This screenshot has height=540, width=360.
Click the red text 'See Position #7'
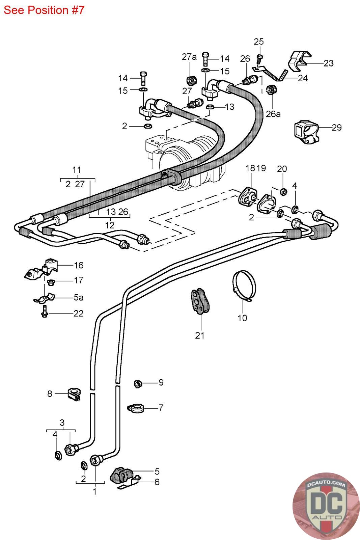pyautogui.click(x=44, y=10)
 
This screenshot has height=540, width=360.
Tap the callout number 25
pyautogui.click(x=258, y=42)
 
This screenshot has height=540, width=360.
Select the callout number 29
pyautogui.click(x=337, y=127)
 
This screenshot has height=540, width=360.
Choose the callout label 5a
pyautogui.click(x=79, y=297)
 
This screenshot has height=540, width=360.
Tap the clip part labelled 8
pyautogui.click(x=74, y=394)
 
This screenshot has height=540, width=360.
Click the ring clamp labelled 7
pyautogui.click(x=135, y=408)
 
